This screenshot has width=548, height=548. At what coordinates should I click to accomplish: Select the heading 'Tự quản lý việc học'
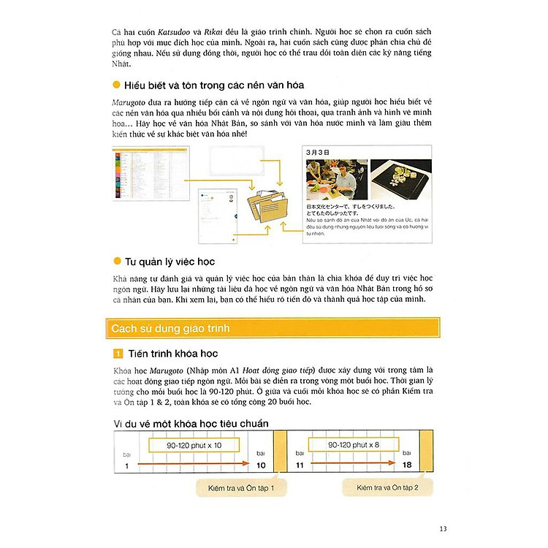coord(170,261)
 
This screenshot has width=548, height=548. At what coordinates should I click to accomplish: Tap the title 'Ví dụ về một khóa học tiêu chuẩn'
coord(191,423)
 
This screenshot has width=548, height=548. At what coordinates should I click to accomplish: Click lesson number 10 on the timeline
coord(261,465)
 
